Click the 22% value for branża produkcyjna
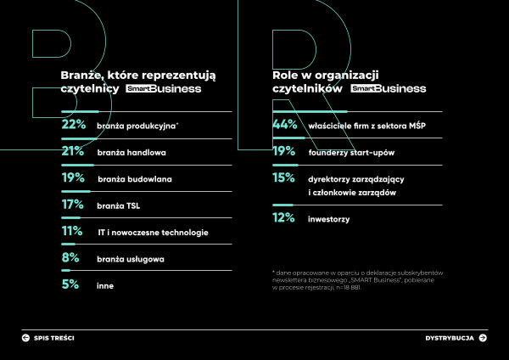tap(74, 125)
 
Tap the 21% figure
tap(73, 152)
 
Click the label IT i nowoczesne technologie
tap(152, 232)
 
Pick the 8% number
tap(70, 258)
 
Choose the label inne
tap(104, 285)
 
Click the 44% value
tap(284, 125)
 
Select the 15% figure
tap(283, 178)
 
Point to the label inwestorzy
tap(331, 220)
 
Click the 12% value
tap(283, 219)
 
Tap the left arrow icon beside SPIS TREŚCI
tap(25, 338)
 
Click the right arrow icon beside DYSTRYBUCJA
tap(483, 338)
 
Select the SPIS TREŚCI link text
tap(54, 338)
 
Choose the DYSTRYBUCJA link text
tap(449, 338)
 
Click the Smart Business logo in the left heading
tap(164, 88)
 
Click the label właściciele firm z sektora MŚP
tap(365, 126)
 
